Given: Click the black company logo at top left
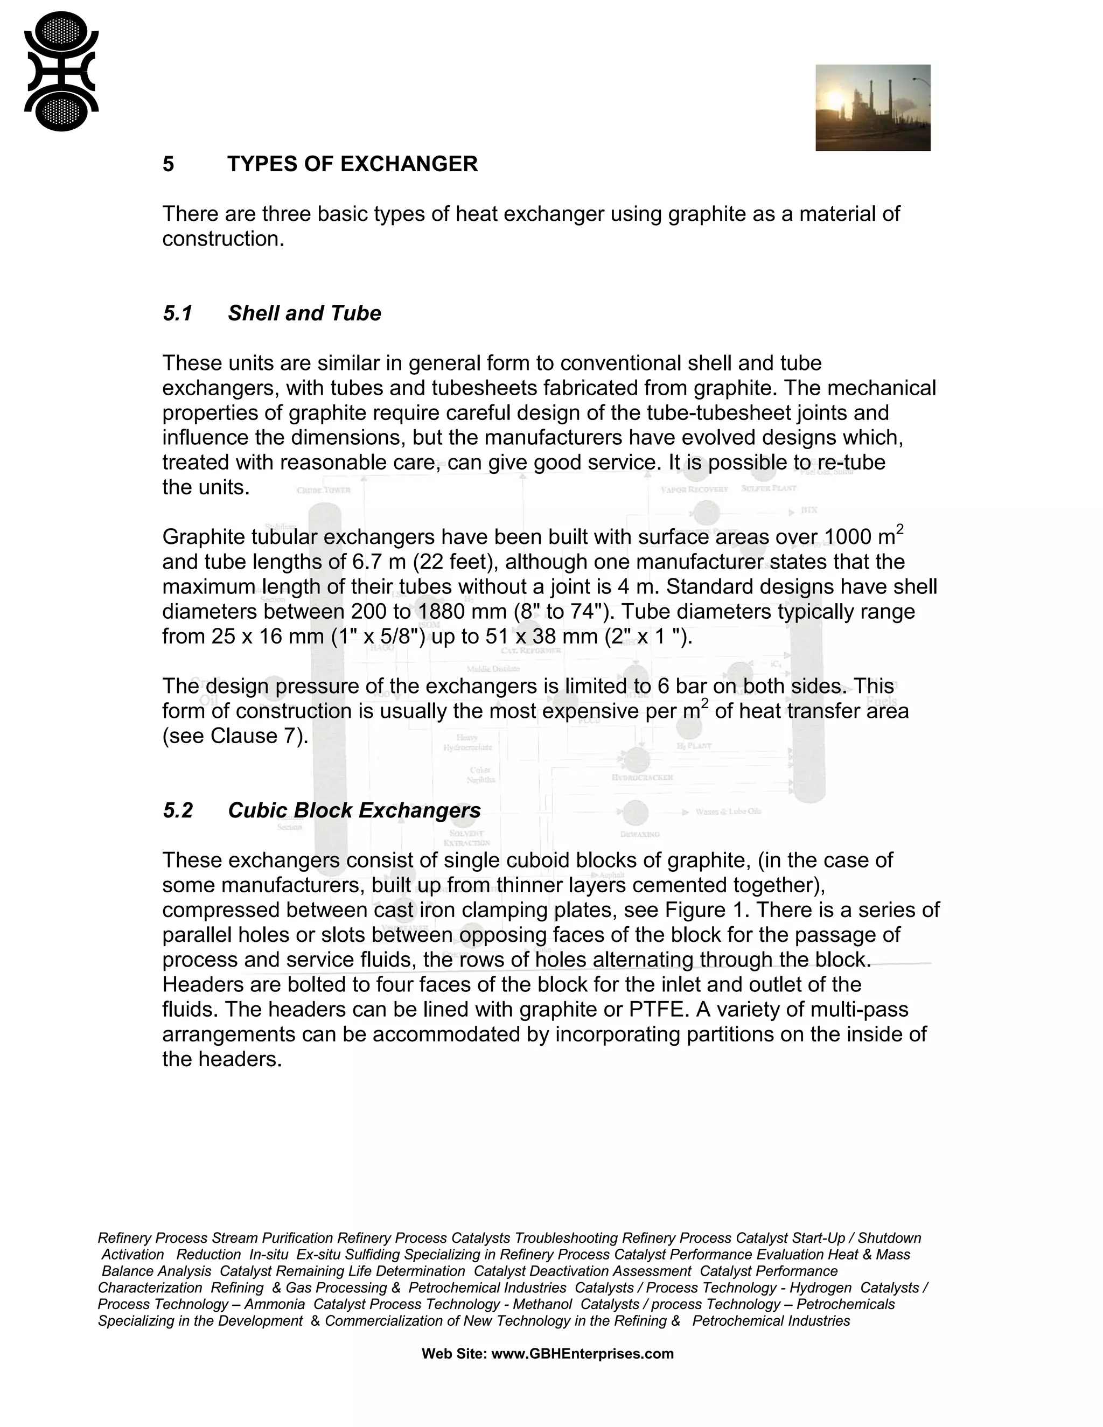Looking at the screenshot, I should pyautogui.click(x=61, y=71).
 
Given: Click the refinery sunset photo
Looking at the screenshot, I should pyautogui.click(x=872, y=108).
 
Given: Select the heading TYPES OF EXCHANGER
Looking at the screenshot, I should pyautogui.click(x=352, y=164).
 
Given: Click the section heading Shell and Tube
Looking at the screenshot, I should pyautogui.click(x=304, y=313).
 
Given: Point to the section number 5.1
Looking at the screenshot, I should pyautogui.click(x=177, y=313).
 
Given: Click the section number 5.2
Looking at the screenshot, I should pyautogui.click(x=178, y=811).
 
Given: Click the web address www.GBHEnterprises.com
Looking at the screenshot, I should pyautogui.click(x=582, y=1354).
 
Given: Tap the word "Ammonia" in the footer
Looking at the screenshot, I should pyautogui.click(x=275, y=1304).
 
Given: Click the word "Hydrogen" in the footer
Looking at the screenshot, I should pyautogui.click(x=821, y=1288).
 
